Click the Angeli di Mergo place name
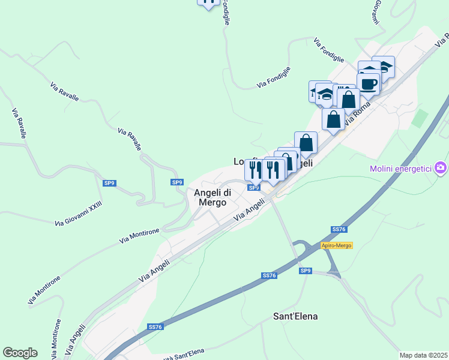[x=210, y=197]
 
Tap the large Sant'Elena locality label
[x=295, y=316]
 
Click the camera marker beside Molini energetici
[x=441, y=167]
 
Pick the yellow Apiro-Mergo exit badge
[x=336, y=245]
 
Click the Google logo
[x=20, y=353]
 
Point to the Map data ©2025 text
[x=423, y=355]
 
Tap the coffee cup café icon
[x=368, y=83]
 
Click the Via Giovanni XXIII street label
[x=78, y=214]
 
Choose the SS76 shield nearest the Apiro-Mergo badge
[x=339, y=230]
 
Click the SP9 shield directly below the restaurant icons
[x=254, y=188]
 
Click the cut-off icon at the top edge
[x=208, y=3]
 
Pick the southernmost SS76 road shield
[x=155, y=327]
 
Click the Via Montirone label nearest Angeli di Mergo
[x=139, y=236]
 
